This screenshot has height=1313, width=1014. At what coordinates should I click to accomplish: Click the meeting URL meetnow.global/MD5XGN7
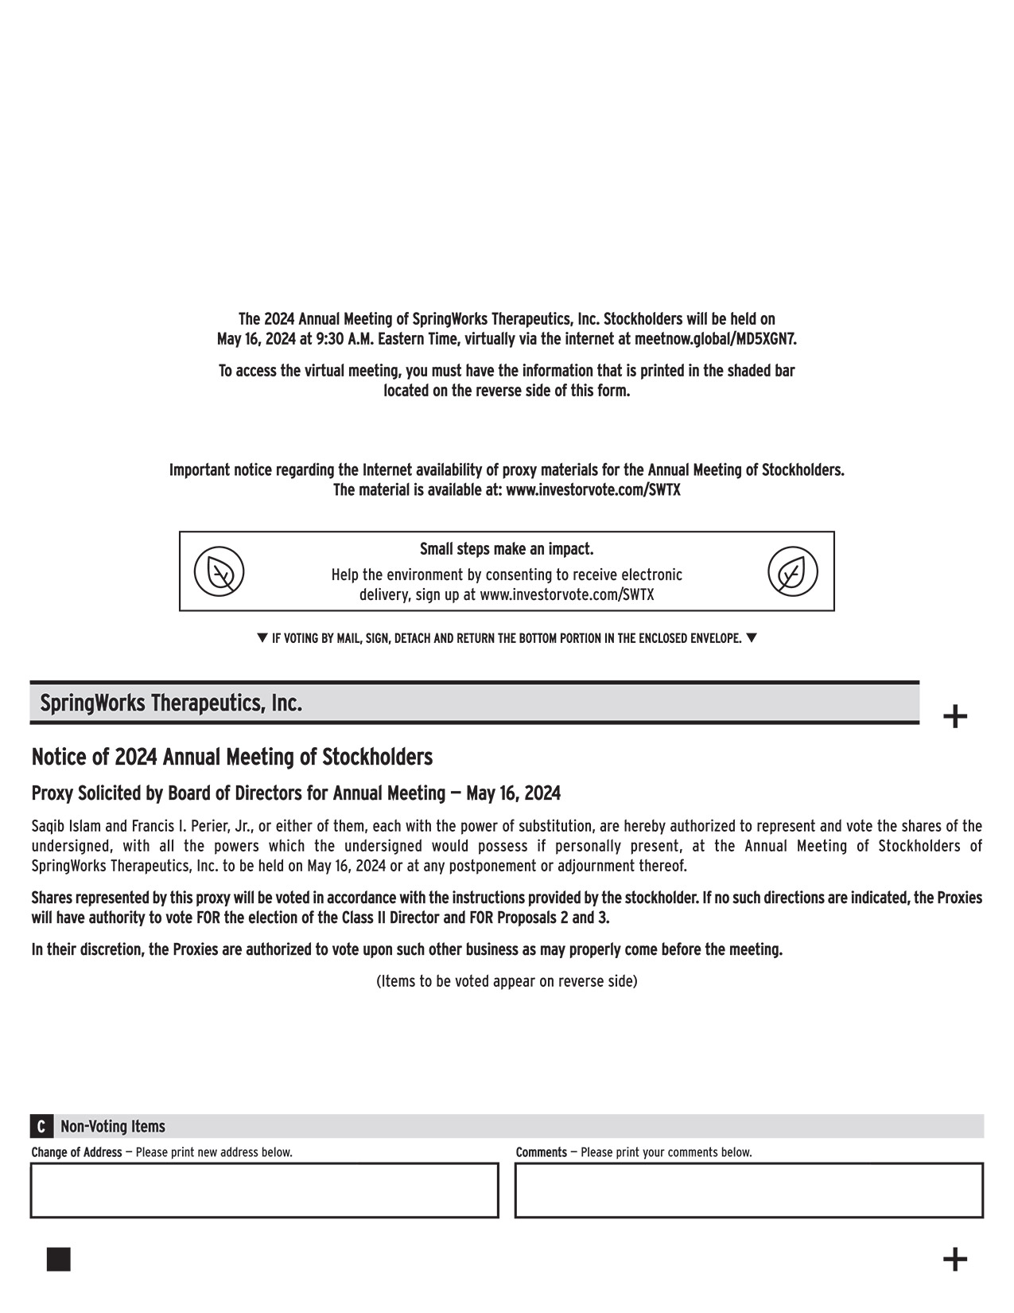click(x=715, y=339)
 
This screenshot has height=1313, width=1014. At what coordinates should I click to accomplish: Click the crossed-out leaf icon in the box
click(x=219, y=571)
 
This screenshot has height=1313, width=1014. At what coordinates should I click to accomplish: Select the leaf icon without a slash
click(x=792, y=571)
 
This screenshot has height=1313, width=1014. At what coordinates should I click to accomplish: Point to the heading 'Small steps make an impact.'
click(x=507, y=549)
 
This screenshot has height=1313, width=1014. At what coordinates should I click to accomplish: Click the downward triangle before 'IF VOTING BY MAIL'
click(x=262, y=637)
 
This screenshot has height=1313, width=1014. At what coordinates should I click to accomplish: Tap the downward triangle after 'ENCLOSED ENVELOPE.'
click(x=752, y=637)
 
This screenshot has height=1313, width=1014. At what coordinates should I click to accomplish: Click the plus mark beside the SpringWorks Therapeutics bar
click(x=954, y=717)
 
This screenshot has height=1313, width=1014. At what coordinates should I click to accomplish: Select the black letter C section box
click(x=41, y=1126)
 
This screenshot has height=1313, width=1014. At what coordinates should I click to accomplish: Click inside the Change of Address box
click(x=264, y=1190)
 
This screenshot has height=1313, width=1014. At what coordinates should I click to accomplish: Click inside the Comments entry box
click(x=748, y=1190)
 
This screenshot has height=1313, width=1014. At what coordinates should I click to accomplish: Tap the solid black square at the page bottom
click(x=58, y=1260)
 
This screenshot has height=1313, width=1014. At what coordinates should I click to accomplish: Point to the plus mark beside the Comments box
click(x=954, y=1260)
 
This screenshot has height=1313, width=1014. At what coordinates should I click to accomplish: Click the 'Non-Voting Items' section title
click(x=113, y=1126)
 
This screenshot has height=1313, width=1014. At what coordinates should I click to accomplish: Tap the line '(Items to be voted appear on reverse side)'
click(x=507, y=981)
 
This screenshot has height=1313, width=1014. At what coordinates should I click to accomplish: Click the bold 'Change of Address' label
click(x=76, y=1152)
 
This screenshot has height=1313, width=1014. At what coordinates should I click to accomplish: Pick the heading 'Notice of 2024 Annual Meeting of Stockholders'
click(x=231, y=757)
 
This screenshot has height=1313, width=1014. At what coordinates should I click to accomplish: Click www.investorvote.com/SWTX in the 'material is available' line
click(x=592, y=490)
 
